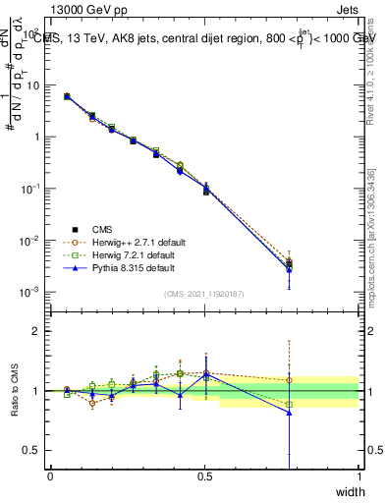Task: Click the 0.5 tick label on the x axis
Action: pos(204,475)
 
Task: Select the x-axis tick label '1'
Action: pos(358,475)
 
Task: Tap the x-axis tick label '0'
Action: pos(50,475)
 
